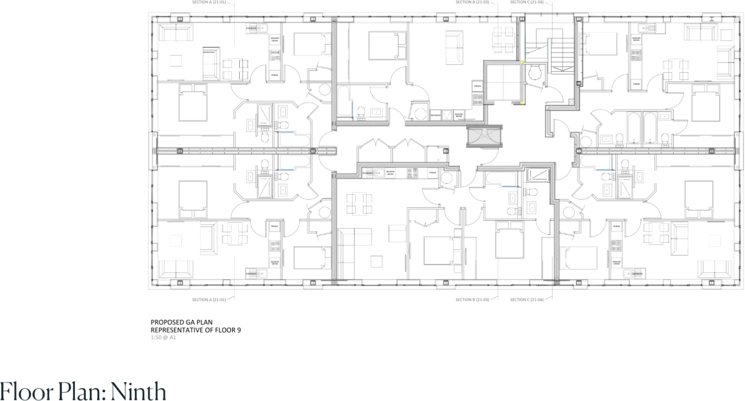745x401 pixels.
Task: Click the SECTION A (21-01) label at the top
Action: click(209, 2)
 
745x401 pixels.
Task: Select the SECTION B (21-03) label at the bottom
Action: click(472, 300)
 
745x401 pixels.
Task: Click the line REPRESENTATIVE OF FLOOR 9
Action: click(196, 330)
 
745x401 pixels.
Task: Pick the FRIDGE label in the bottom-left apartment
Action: click(274, 226)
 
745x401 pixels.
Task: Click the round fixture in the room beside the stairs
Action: click(535, 73)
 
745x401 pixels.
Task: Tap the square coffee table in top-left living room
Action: click(175, 61)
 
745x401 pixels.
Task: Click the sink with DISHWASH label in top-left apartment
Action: click(258, 28)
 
